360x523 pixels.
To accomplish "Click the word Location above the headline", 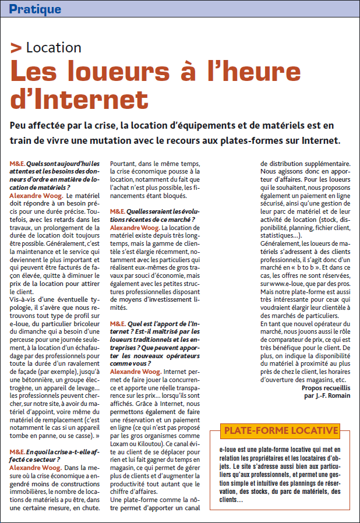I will click(54, 48).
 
